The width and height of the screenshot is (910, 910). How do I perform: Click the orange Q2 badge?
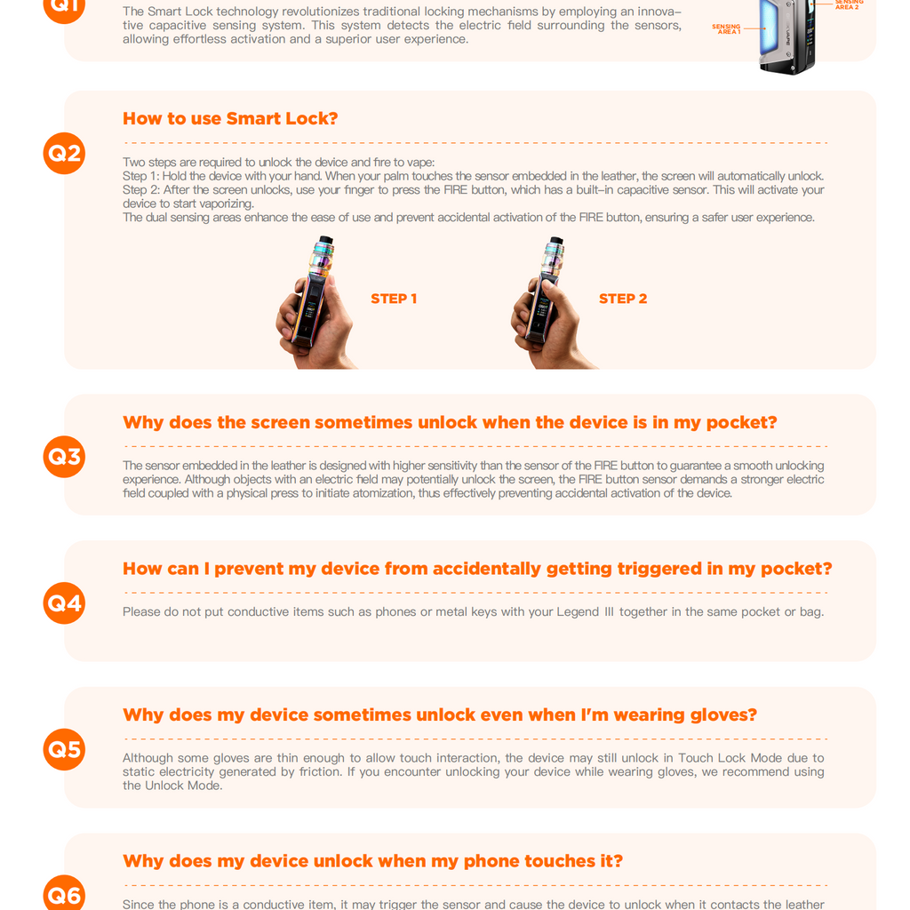64,153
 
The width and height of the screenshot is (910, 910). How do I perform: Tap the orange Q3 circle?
64,457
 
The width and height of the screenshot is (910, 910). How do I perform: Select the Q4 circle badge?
64,603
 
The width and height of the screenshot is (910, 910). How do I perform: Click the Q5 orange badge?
64,749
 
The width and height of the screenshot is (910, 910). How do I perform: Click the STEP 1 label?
394,299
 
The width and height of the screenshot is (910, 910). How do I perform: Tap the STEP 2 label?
623,299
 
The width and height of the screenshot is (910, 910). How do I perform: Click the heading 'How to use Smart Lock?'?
230,119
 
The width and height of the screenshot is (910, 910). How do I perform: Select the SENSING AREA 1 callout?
727,29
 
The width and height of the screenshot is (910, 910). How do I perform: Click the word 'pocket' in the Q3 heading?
740,423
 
